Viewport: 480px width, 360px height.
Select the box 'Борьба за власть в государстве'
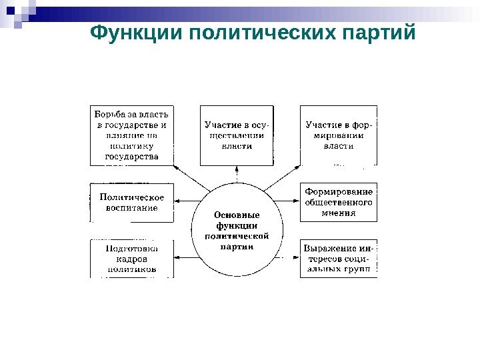click(132, 135)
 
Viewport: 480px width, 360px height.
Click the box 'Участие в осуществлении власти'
click(237, 135)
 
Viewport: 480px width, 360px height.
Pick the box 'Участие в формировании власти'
click(339, 135)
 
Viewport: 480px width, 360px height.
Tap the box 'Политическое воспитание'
click(132, 203)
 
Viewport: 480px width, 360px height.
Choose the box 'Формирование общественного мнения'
click(339, 202)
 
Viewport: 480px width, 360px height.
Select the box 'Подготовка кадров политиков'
click(132, 259)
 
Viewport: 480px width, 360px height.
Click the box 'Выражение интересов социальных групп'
click(339, 259)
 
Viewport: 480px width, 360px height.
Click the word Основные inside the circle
click(237, 215)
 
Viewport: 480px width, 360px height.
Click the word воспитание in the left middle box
click(132, 208)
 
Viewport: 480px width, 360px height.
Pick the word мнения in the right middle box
click(339, 213)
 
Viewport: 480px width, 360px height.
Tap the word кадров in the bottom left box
click(132, 259)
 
